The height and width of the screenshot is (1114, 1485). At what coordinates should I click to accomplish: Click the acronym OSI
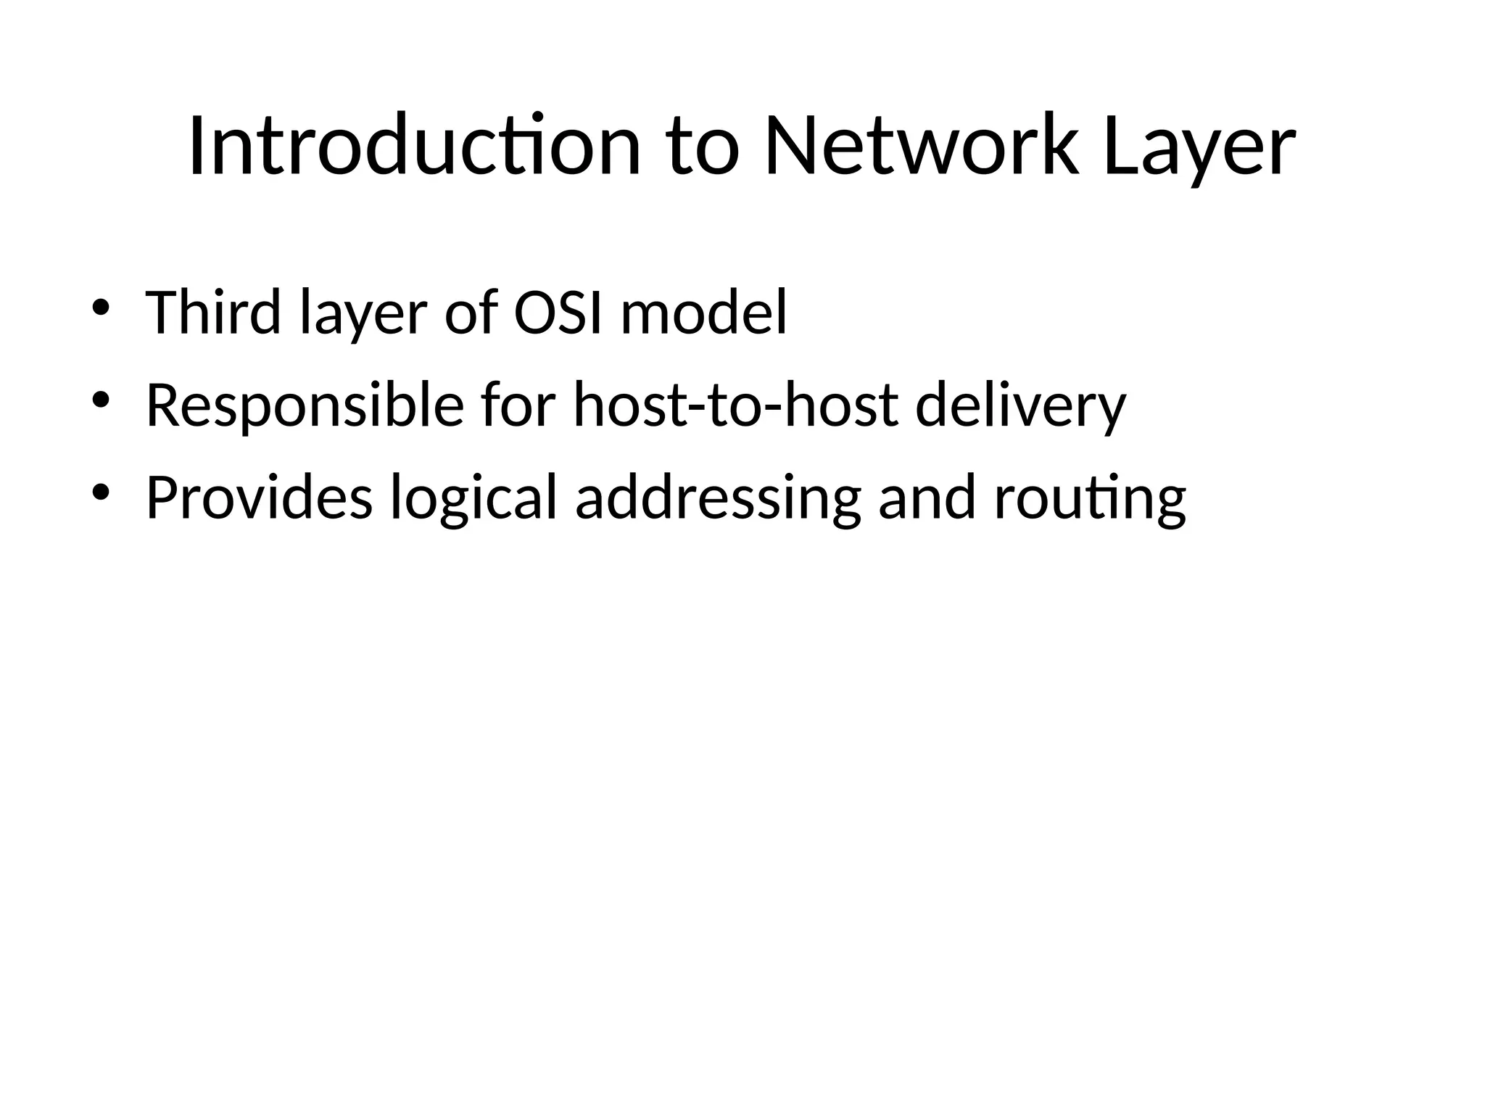558,313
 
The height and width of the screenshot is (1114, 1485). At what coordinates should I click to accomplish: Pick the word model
704,313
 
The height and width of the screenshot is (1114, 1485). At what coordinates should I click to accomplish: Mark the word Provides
259,498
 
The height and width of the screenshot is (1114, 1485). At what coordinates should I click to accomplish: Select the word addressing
719,498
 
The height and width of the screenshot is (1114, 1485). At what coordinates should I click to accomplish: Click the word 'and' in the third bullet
927,498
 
